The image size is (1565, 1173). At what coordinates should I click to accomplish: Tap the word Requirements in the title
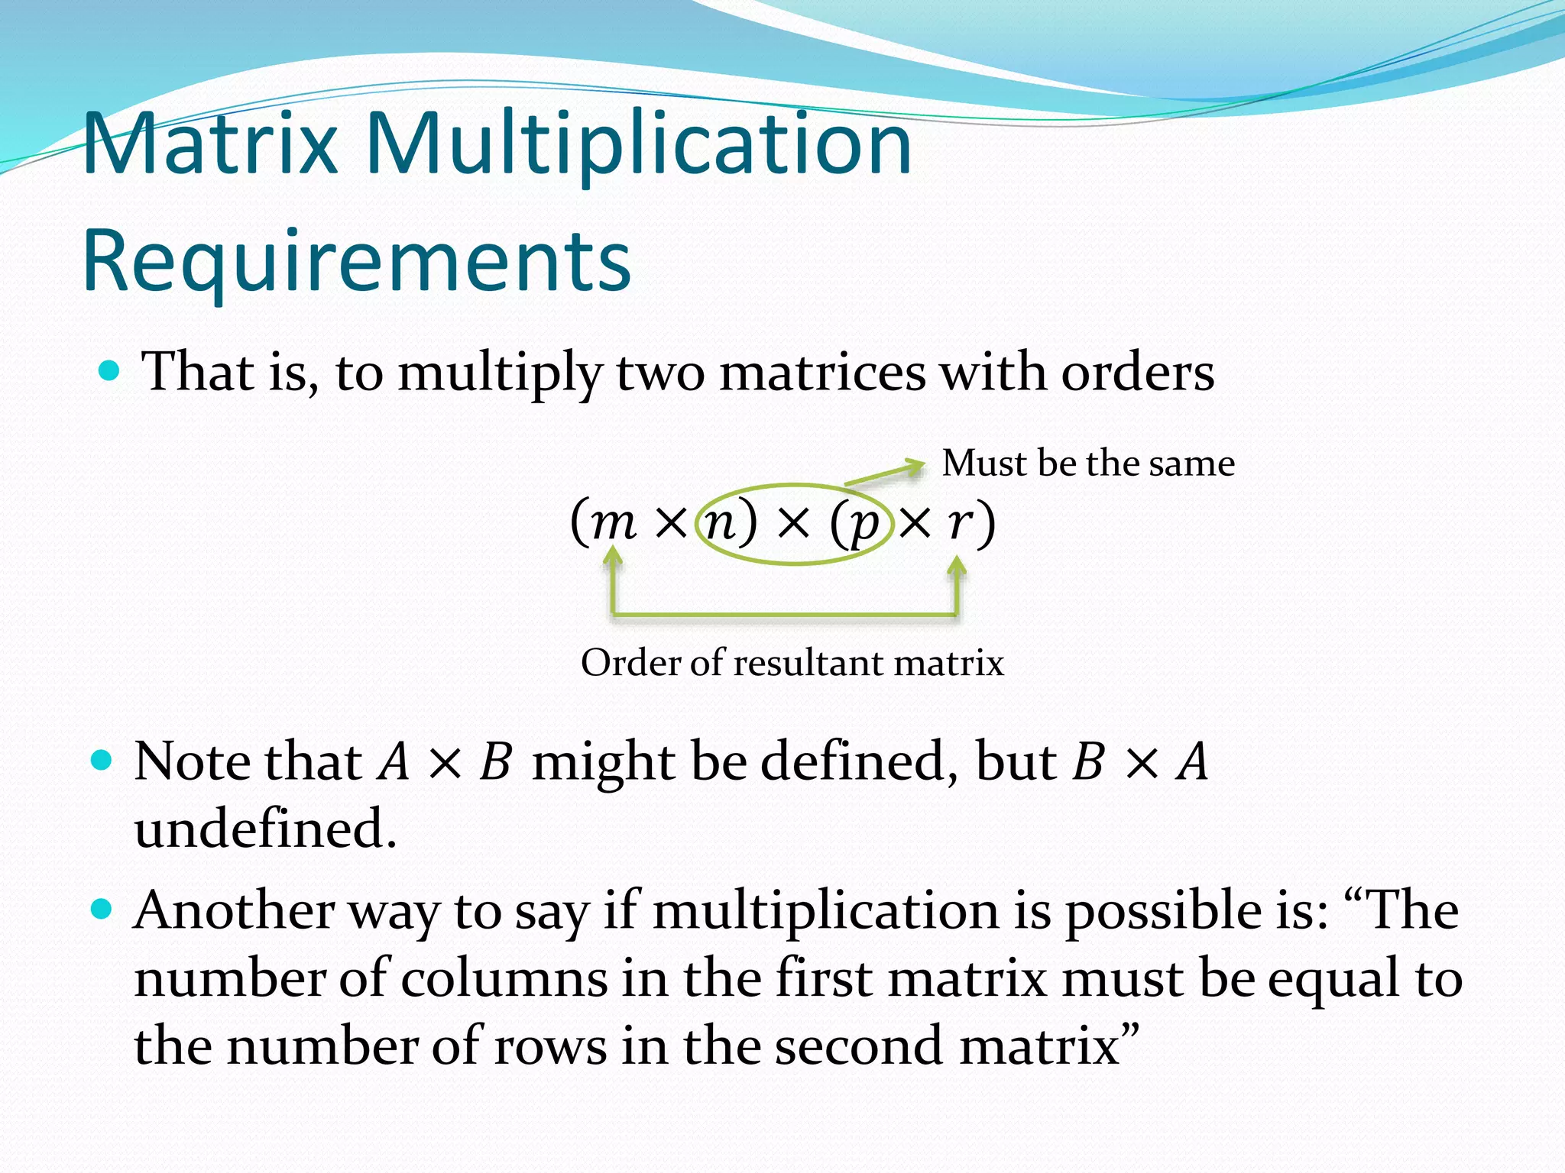click(356, 262)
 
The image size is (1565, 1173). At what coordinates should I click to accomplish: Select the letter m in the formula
click(614, 523)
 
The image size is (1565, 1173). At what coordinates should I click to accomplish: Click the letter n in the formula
click(720, 523)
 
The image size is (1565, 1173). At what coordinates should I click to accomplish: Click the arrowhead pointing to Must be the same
click(914, 466)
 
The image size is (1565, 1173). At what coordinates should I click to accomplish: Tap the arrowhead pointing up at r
click(957, 565)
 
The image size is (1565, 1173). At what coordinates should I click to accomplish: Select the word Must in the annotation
click(983, 464)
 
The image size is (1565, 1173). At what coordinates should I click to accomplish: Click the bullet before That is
click(110, 372)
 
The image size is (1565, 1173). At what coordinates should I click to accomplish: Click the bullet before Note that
click(101, 761)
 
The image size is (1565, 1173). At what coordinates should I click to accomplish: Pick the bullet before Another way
click(101, 910)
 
